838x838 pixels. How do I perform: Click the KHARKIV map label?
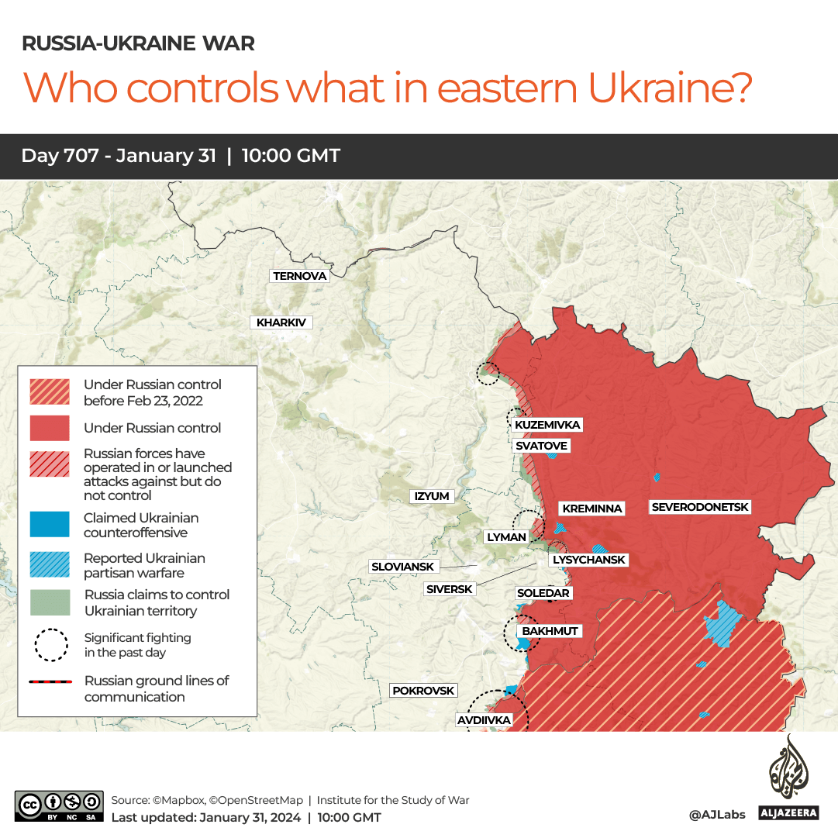coord(281,322)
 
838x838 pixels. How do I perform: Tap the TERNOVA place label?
coord(300,276)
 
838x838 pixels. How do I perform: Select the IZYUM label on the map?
coord(432,496)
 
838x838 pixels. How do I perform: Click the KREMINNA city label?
coord(592,509)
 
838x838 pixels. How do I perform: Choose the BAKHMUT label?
coord(550,631)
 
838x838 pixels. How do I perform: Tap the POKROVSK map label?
coord(423,691)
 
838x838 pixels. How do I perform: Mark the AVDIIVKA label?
coord(484,720)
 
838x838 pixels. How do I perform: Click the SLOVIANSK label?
coord(403,567)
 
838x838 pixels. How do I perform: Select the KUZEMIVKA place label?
coord(547,425)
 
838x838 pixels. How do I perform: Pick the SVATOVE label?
coord(542,446)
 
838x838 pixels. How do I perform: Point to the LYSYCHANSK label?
coord(588,560)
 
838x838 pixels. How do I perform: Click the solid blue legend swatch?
coord(49,525)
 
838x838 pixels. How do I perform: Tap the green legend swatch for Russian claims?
coord(49,602)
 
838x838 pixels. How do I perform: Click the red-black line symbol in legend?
coord(50,682)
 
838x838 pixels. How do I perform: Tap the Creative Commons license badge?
coord(59,806)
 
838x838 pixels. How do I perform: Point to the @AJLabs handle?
coord(716,815)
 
